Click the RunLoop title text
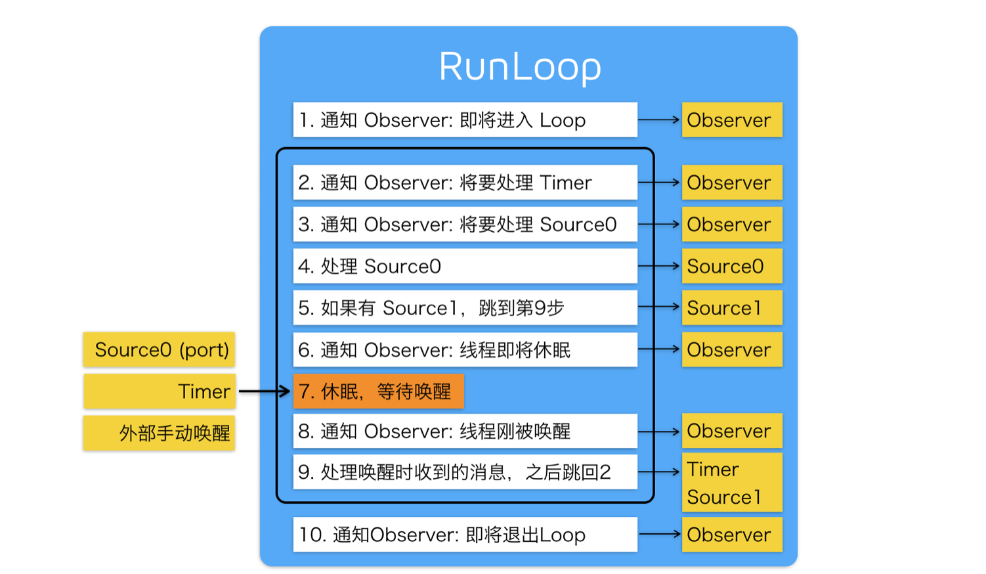tap(520, 67)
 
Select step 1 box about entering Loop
tap(465, 120)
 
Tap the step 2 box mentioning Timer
tap(465, 183)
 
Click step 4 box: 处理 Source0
tap(465, 266)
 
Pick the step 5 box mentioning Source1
tap(465, 307)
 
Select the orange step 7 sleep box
tap(379, 391)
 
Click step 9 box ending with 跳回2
tap(465, 472)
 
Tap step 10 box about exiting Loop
tap(465, 535)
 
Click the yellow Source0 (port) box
tap(159, 349)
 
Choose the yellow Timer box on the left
tap(160, 391)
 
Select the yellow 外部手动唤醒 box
tap(159, 433)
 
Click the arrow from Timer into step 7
tap(264, 391)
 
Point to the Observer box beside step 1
tap(732, 120)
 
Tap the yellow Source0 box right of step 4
tap(732, 266)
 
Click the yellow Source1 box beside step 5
tap(732, 307)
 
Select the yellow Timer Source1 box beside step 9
tap(732, 482)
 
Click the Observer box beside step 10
tap(732, 535)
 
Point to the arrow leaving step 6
tap(658, 349)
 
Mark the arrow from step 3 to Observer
tap(658, 224)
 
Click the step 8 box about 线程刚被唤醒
tap(465, 431)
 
